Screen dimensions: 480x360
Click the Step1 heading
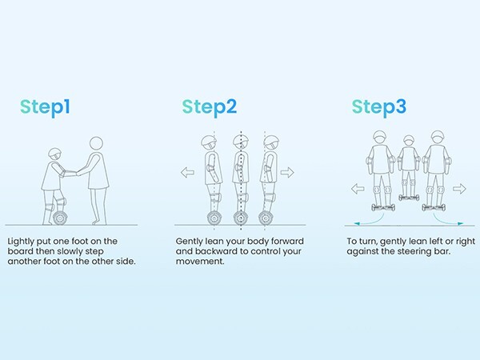[x=45, y=107]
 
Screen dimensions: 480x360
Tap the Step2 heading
[x=210, y=107]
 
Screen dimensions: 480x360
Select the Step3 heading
[x=379, y=107]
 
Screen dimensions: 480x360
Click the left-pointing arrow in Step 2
[x=187, y=172]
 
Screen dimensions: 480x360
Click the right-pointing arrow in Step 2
[x=287, y=172]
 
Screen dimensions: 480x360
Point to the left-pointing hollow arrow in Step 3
[x=358, y=189]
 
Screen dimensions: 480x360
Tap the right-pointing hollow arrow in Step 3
[x=459, y=189]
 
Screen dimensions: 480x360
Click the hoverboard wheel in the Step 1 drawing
[x=60, y=218]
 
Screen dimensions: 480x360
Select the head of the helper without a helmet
[x=97, y=144]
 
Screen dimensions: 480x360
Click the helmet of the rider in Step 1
[x=55, y=152]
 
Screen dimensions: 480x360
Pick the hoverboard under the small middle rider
[x=409, y=198]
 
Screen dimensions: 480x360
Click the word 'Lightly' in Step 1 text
[x=21, y=242]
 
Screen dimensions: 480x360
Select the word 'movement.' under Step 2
[x=200, y=262]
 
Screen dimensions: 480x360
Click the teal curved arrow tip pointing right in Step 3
[x=461, y=224]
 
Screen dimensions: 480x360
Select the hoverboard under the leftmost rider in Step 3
[x=383, y=207]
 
